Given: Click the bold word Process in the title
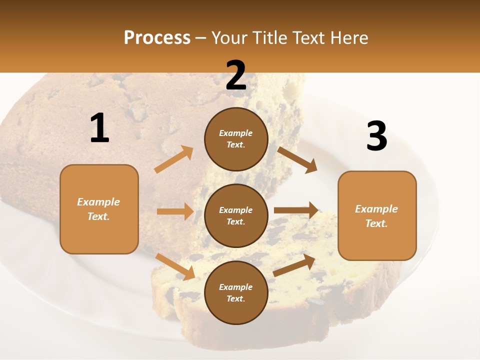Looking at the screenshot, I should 157,38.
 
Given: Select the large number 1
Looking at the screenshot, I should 99,128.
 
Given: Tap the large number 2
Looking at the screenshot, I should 236,75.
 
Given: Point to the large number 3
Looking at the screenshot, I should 376,136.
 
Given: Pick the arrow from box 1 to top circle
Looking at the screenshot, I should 173,159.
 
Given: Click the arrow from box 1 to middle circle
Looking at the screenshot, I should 175,211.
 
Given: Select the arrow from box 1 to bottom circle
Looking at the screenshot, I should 175,266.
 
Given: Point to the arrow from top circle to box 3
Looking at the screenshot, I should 297,160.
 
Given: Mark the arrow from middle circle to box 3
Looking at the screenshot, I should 296,210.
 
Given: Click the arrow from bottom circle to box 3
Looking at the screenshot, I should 294,265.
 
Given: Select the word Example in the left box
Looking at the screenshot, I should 98,202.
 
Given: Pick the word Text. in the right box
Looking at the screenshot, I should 376,223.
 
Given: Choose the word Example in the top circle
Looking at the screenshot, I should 236,133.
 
